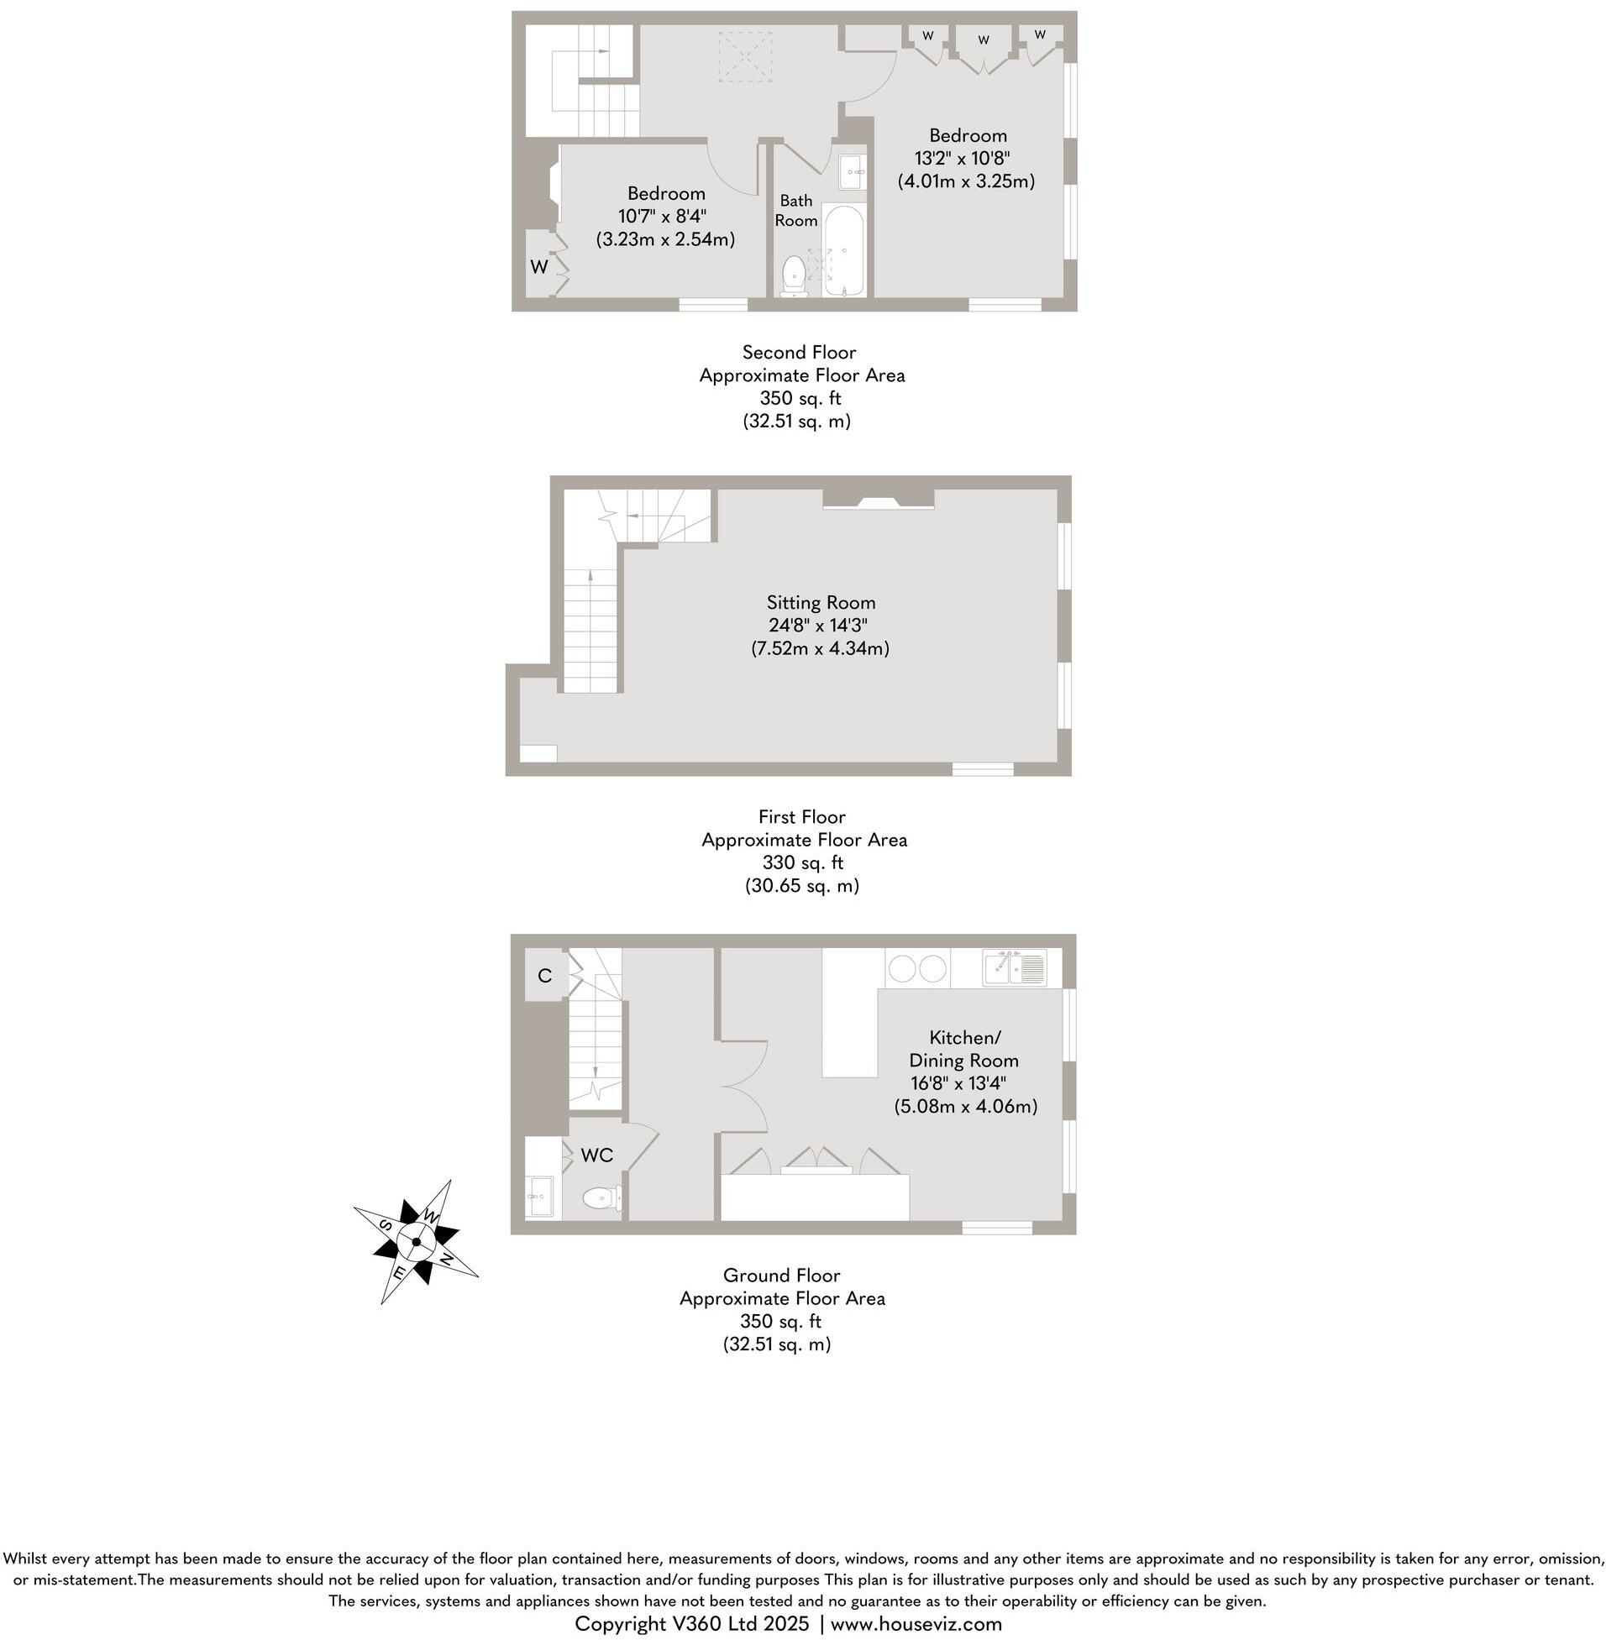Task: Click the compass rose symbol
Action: pyautogui.click(x=416, y=1241)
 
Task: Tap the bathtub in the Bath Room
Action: pyautogui.click(x=843, y=249)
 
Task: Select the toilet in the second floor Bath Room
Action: pyautogui.click(x=794, y=275)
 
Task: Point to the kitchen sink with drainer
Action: pyautogui.click(x=1015, y=967)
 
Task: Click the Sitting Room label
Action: pyautogui.click(x=821, y=602)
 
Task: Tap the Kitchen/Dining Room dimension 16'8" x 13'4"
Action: pyautogui.click(x=958, y=1082)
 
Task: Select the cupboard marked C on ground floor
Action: pyautogui.click(x=545, y=976)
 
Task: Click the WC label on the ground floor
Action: pyautogui.click(x=597, y=1155)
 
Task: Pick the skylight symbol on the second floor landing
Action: pyautogui.click(x=745, y=56)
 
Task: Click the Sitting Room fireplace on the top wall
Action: pyautogui.click(x=878, y=501)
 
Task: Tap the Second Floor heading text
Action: pyautogui.click(x=799, y=353)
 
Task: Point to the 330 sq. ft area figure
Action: pyautogui.click(x=802, y=862)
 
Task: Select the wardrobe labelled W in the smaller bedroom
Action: pyautogui.click(x=540, y=266)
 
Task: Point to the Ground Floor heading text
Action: pyautogui.click(x=781, y=1275)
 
